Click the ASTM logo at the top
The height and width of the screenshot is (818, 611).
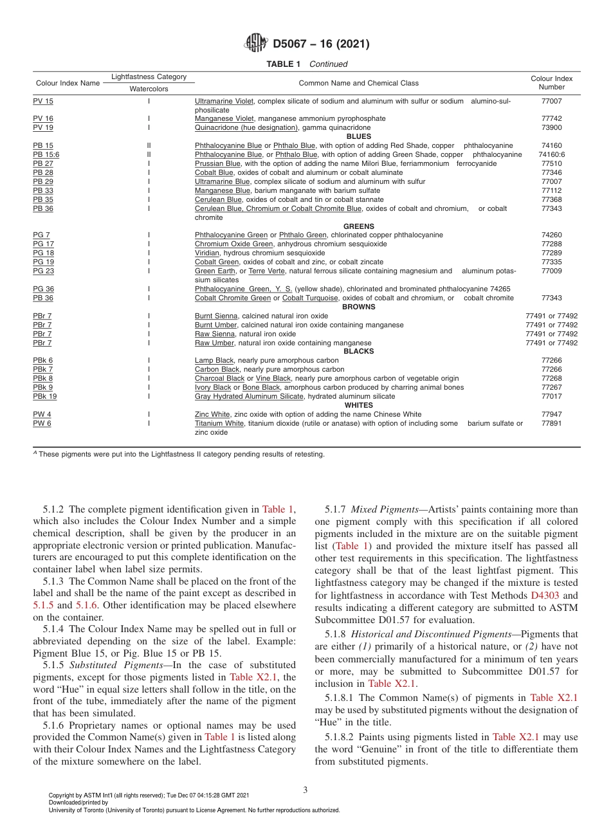(256, 44)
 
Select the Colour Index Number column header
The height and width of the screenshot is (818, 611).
(551, 82)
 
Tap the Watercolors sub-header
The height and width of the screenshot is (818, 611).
(149, 89)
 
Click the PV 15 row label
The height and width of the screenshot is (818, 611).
(43, 101)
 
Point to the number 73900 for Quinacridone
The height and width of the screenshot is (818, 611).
(551, 127)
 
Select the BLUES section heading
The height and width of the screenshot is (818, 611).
(358, 136)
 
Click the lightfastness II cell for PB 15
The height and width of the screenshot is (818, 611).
(149, 145)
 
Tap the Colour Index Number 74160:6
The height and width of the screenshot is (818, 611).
(551, 154)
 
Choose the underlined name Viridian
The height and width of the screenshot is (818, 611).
(207, 253)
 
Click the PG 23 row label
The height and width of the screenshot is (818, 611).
(43, 271)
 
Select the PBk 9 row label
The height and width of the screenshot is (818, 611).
(43, 387)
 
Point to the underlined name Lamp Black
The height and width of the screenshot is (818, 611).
(214, 360)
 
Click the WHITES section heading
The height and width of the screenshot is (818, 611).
(358, 405)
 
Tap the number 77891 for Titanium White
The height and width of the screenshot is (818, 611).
(551, 423)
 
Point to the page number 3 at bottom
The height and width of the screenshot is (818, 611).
(305, 790)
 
